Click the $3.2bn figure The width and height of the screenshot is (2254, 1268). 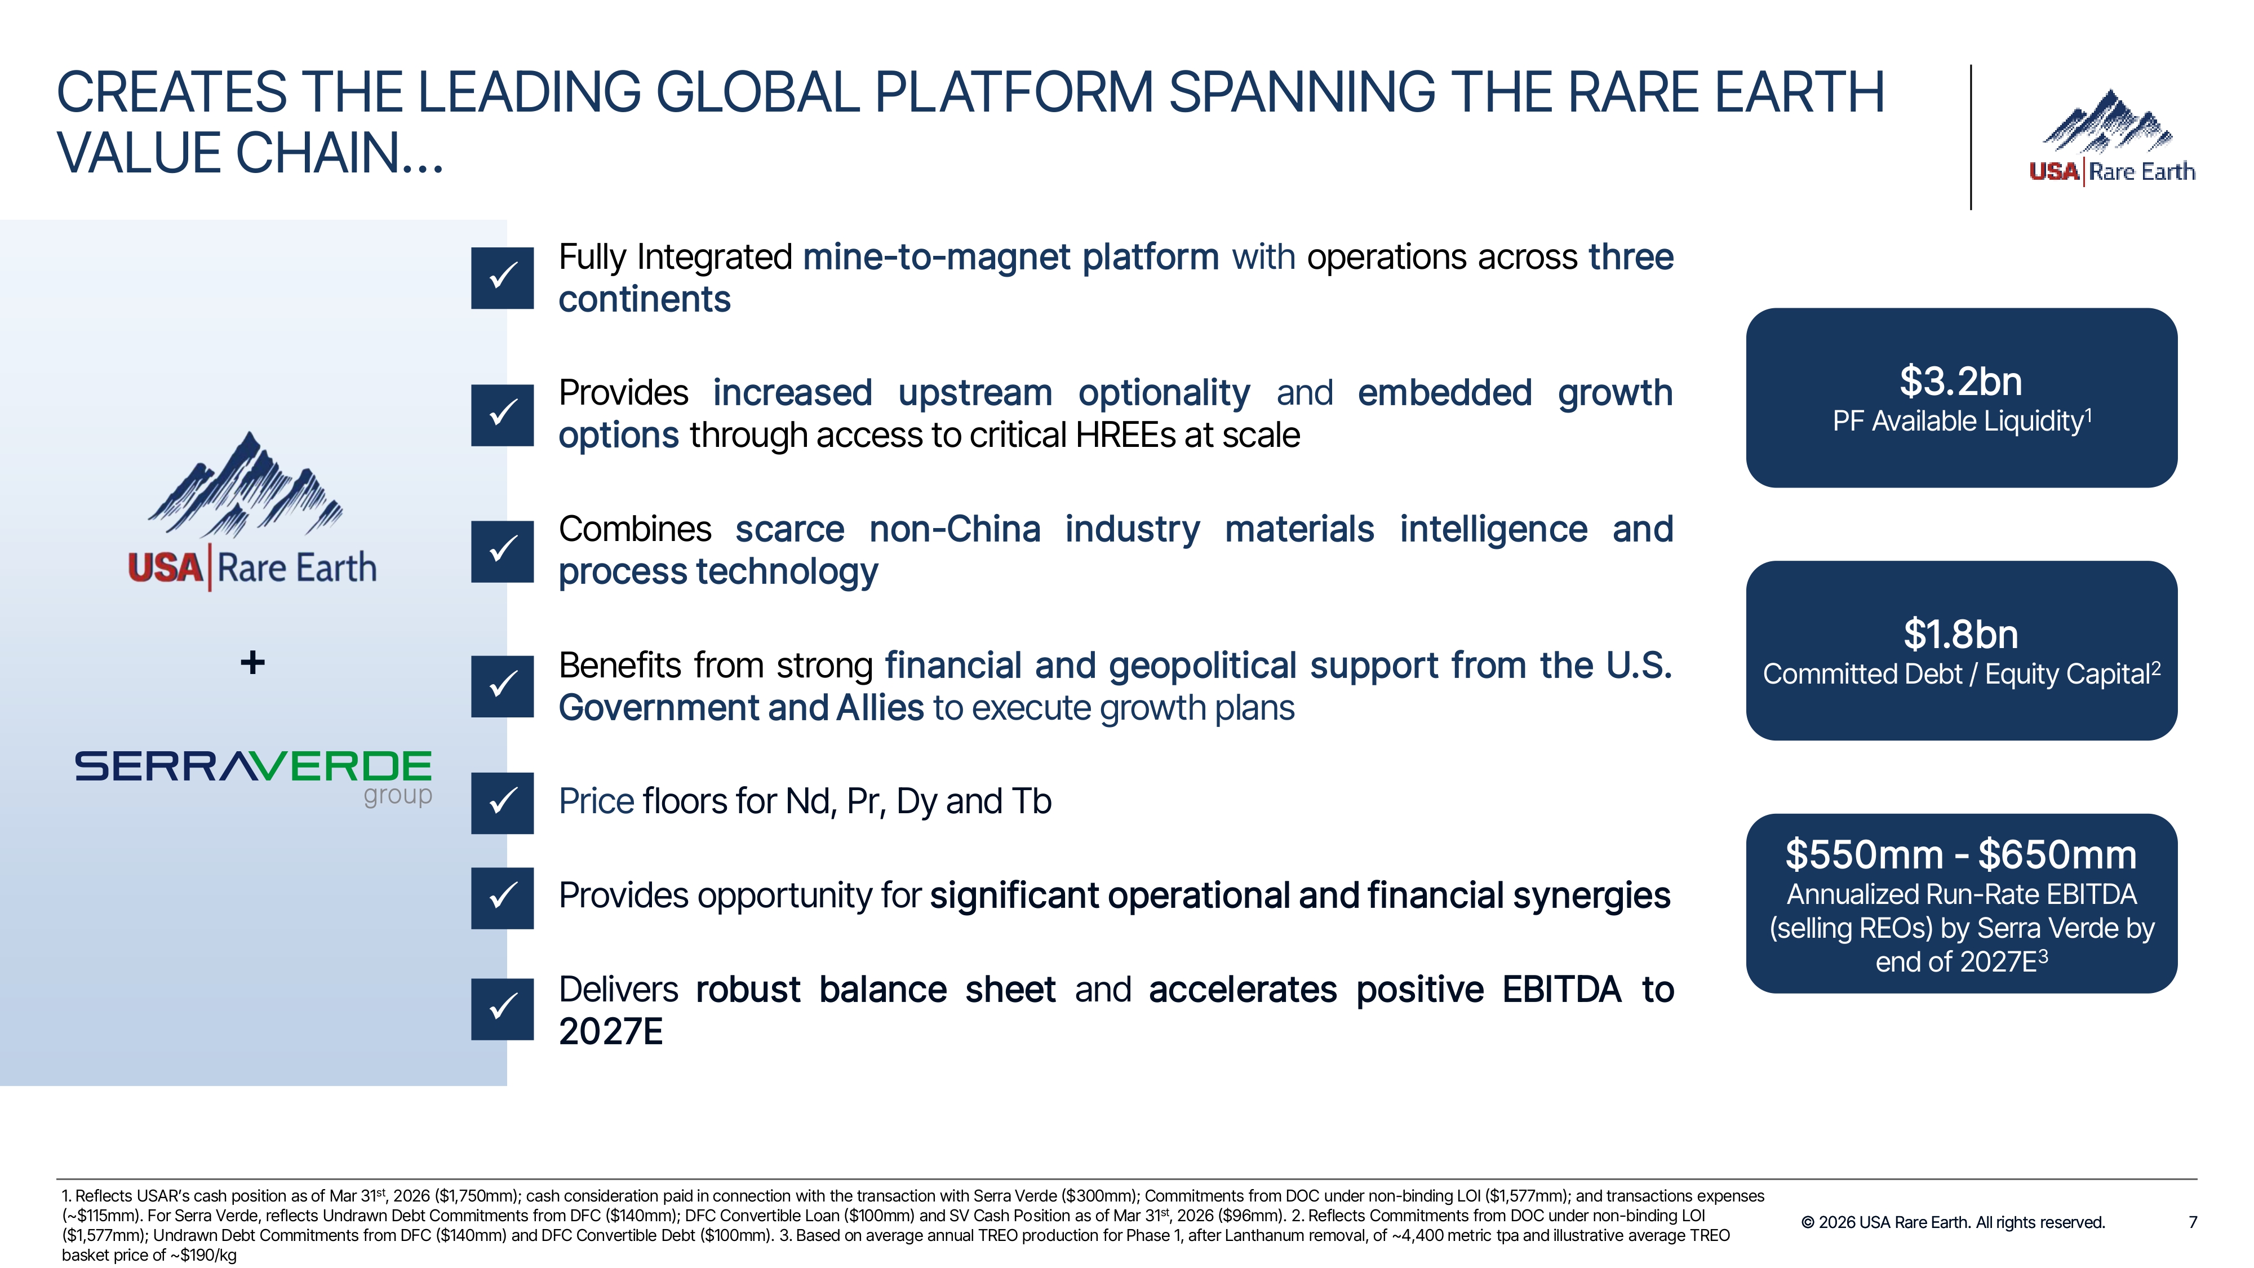[x=1960, y=382]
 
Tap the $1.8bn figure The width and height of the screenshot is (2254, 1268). [x=1960, y=635]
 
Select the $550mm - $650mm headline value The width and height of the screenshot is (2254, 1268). [x=1960, y=855]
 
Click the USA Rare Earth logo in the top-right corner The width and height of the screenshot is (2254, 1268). [x=2112, y=136]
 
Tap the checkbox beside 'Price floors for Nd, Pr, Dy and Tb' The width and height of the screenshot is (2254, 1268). [x=502, y=803]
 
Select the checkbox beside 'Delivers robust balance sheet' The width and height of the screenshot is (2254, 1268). [x=502, y=1009]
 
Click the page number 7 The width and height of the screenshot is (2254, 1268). [x=2193, y=1222]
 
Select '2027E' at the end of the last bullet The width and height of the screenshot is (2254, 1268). [x=611, y=1032]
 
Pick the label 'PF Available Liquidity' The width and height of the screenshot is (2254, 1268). [x=1958, y=422]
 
